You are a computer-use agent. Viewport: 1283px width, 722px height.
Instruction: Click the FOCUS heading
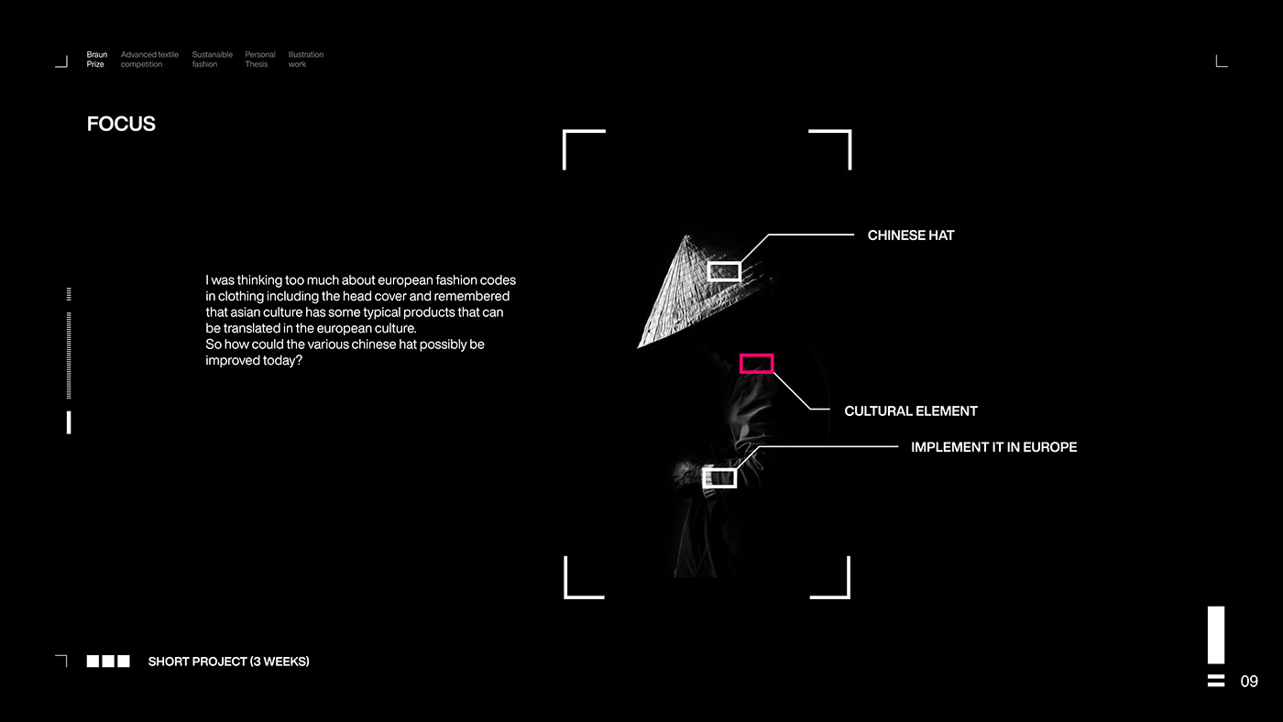click(121, 125)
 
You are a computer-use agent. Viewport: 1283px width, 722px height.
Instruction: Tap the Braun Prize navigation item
click(96, 60)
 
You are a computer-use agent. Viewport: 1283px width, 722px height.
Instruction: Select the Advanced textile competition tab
click(149, 60)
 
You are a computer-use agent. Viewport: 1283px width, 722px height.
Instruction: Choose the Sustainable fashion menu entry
click(212, 60)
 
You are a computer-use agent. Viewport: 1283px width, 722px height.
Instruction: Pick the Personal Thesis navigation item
click(259, 60)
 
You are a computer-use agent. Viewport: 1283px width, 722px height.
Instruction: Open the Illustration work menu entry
click(305, 60)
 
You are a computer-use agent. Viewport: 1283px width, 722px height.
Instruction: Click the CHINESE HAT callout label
click(910, 235)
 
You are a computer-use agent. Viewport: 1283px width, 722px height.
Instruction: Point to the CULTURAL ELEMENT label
click(910, 411)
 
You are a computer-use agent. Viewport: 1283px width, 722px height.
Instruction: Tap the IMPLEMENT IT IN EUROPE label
click(993, 447)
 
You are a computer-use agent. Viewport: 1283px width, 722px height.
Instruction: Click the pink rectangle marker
click(756, 364)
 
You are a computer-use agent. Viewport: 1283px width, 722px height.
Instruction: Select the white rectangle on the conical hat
click(724, 271)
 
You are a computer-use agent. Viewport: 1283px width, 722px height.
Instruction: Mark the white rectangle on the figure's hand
click(719, 478)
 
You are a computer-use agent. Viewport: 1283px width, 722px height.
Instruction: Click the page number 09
click(1249, 682)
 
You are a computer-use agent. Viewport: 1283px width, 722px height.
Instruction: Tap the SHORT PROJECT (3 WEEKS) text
click(228, 662)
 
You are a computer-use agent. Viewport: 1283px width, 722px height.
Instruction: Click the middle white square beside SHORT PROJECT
click(108, 662)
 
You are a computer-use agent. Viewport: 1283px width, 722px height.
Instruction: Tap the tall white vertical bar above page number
click(1216, 634)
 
